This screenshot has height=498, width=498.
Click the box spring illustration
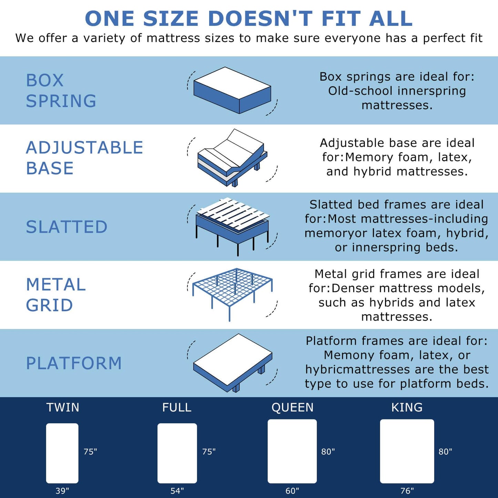point(232,90)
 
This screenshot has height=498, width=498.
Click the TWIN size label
point(63,407)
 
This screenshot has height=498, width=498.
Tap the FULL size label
point(177,407)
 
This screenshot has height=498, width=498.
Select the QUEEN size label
point(292,407)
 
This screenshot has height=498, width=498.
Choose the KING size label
point(407,407)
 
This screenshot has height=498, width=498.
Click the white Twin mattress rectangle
point(62,453)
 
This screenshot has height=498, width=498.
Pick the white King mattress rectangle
point(407,451)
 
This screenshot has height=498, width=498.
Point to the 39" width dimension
point(62,490)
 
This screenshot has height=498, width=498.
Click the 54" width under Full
point(177,490)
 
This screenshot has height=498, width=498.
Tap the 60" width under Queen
point(292,490)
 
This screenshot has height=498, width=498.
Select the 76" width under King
point(407,490)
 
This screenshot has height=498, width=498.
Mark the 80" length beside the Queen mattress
point(328,451)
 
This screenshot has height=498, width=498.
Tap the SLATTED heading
point(67,227)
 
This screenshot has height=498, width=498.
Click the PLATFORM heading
point(74,363)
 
